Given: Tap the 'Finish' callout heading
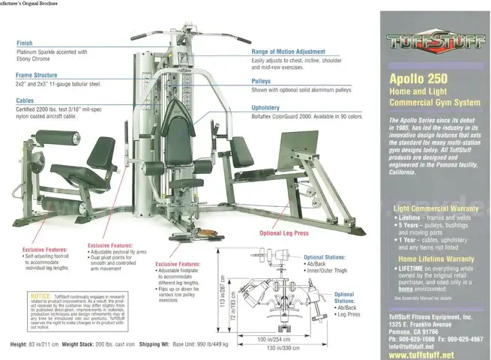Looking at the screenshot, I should tap(25, 43).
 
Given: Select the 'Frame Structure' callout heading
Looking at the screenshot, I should tap(37, 76).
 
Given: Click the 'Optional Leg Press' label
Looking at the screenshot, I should tap(284, 233).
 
